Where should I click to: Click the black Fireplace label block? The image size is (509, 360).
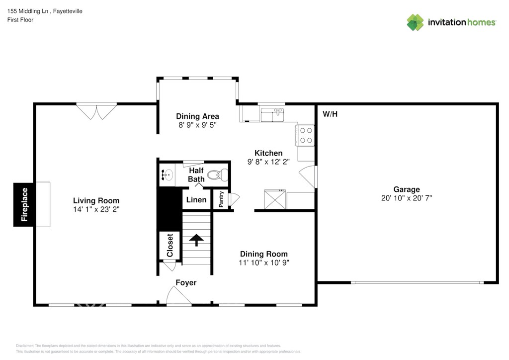pos(23,204)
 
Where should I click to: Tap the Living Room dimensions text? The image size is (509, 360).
pos(96,209)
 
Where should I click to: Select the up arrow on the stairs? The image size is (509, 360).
pos(196,240)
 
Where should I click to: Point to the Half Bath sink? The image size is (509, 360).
pos(167,176)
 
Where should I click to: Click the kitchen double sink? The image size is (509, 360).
pos(272,115)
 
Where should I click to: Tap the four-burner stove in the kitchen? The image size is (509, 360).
pos(306,135)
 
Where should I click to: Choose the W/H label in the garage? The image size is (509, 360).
pos(330,114)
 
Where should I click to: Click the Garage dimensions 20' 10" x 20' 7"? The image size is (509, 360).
pos(407,198)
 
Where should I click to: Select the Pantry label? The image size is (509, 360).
pos(221,199)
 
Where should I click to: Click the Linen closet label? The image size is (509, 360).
pos(196,199)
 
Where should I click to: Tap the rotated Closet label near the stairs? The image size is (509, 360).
pos(170,246)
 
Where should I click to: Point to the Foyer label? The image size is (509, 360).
pos(186,283)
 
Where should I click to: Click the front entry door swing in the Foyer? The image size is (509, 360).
pos(179,295)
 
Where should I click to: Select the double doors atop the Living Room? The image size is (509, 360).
pos(96,111)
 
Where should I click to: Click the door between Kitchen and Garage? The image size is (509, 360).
pos(307,177)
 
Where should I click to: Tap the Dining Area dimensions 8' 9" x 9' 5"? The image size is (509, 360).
pos(197,125)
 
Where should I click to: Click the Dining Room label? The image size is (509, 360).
pos(264,254)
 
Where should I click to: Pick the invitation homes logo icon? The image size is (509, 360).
pos(415,22)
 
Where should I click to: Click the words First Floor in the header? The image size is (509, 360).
pos(20,20)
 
